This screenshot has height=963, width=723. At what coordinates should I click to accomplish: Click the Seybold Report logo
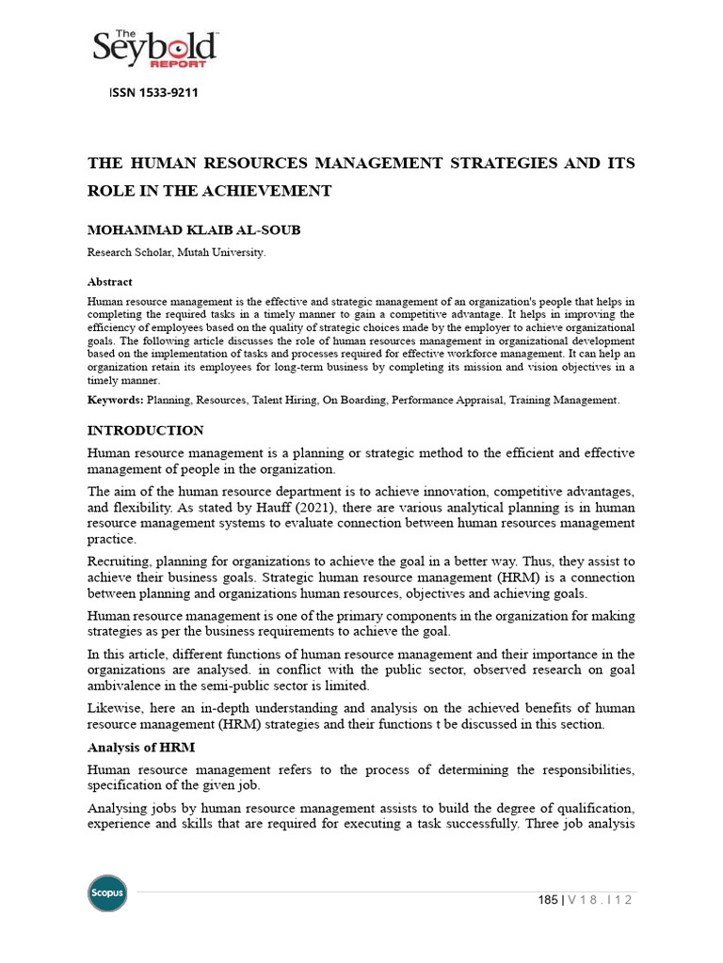154,50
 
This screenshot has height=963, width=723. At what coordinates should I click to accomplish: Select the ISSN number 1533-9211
168,93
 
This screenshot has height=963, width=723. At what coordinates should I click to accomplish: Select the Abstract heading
109,281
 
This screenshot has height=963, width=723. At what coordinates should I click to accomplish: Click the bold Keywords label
115,400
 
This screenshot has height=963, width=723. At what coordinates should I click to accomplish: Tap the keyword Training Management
564,400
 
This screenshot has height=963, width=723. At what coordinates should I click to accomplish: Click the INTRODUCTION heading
145,431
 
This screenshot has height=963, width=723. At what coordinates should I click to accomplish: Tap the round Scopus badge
106,892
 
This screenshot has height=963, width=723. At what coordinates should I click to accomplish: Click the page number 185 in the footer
546,900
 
